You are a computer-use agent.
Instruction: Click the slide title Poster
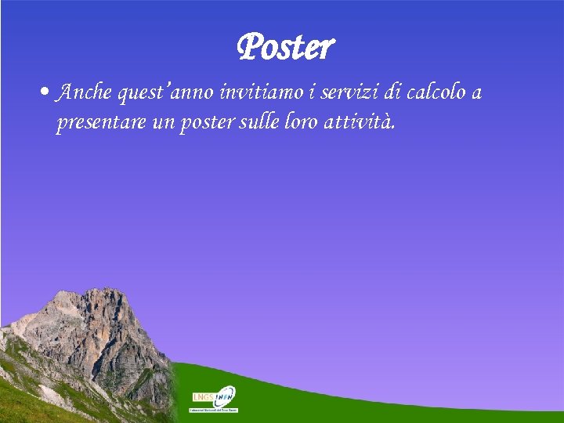pyautogui.click(x=285, y=48)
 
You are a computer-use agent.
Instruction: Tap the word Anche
pyautogui.click(x=85, y=93)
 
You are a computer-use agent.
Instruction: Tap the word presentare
pyautogui.click(x=99, y=123)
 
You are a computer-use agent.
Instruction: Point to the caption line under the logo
pyautogui.click(x=214, y=410)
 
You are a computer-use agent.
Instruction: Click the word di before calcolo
pyautogui.click(x=391, y=93)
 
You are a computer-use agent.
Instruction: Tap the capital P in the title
pyautogui.click(x=250, y=48)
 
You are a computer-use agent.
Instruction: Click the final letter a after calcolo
pyautogui.click(x=476, y=94)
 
